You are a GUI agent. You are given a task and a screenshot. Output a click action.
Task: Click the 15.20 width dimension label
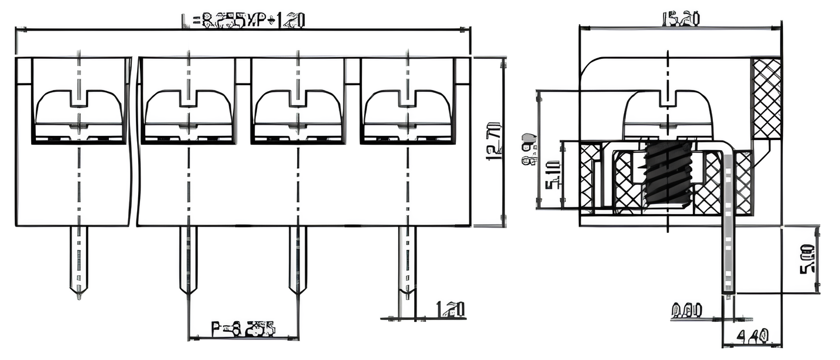click(x=681, y=19)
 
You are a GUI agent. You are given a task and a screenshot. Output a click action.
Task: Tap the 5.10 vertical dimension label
click(x=553, y=175)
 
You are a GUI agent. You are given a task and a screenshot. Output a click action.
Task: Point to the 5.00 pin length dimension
click(x=807, y=258)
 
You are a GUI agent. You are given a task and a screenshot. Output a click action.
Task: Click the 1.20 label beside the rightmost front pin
click(x=450, y=309)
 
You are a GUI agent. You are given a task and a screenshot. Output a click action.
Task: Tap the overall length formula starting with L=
click(x=242, y=21)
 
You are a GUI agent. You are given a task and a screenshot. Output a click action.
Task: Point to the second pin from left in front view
click(x=188, y=259)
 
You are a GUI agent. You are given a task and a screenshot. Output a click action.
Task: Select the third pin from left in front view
click(x=297, y=259)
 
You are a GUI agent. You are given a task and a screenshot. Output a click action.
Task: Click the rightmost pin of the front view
click(x=406, y=259)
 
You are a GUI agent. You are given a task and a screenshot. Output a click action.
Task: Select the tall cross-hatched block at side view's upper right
click(x=767, y=98)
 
